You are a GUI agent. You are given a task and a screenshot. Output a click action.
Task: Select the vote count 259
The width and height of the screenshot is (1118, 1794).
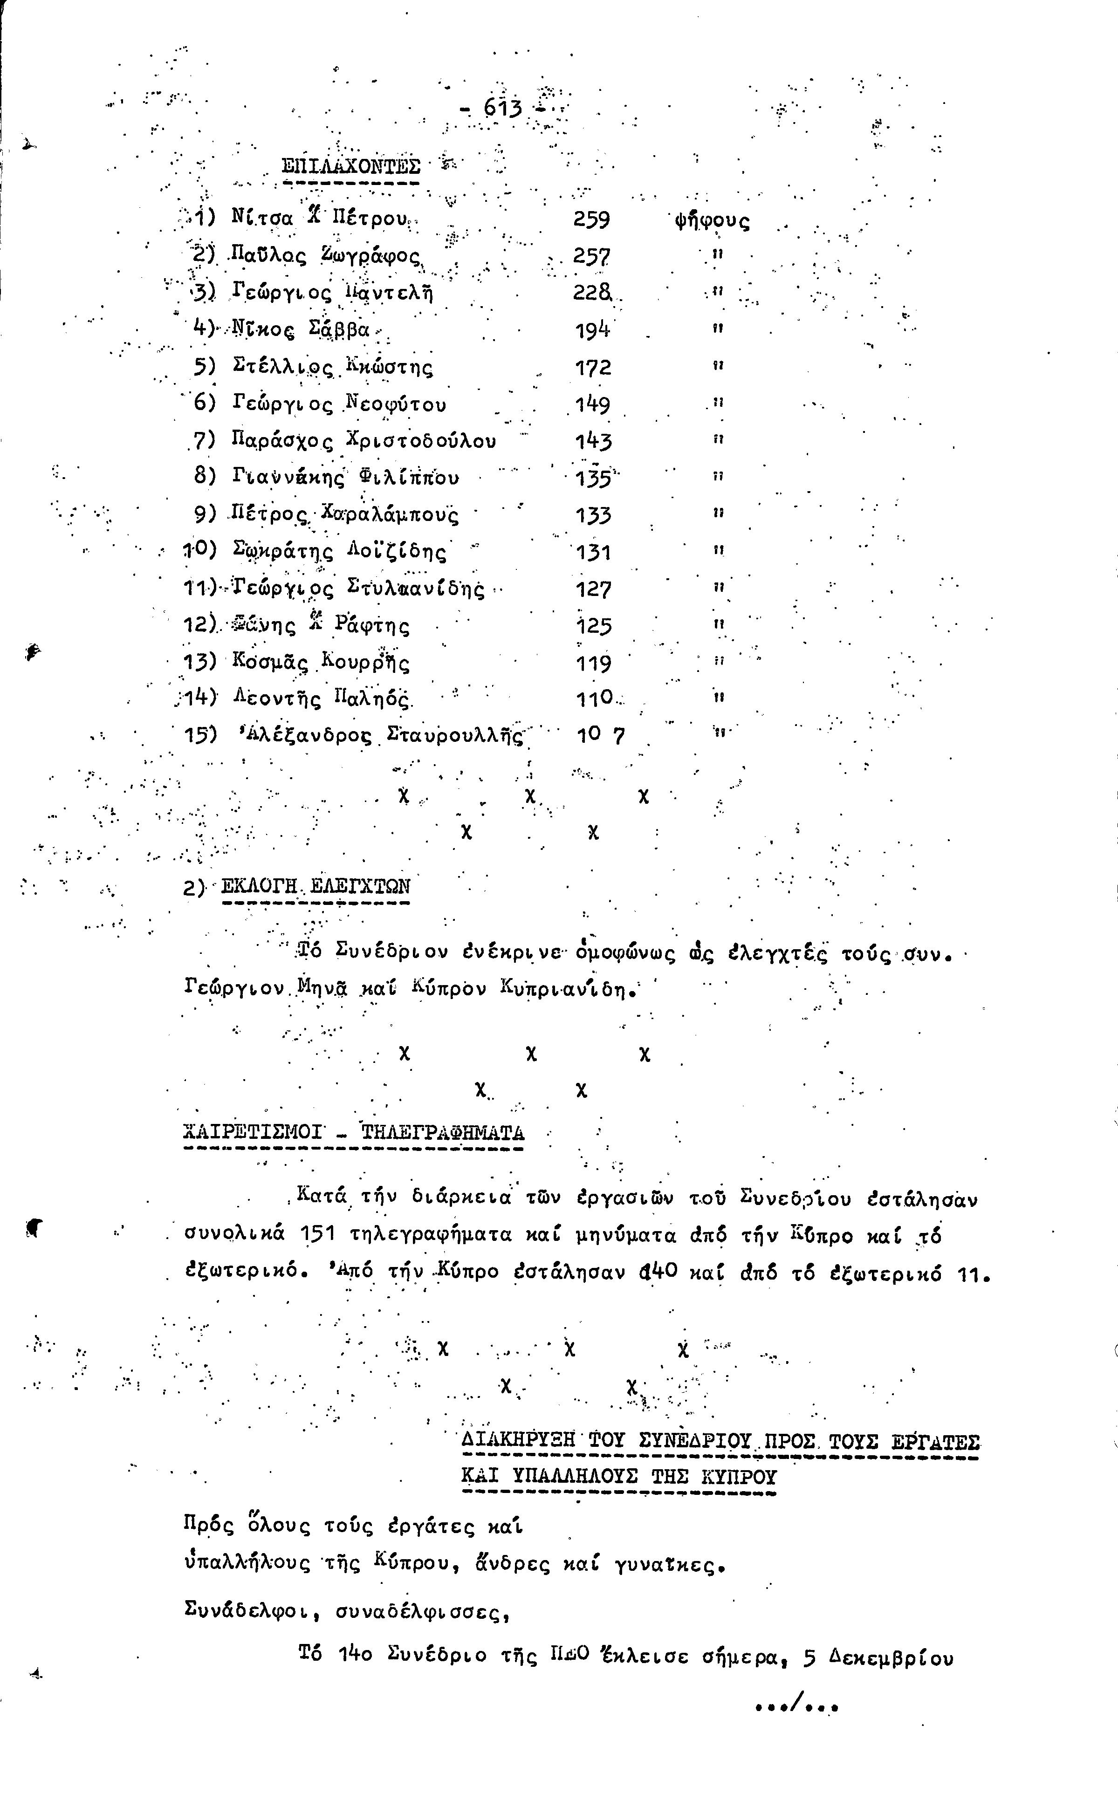591,219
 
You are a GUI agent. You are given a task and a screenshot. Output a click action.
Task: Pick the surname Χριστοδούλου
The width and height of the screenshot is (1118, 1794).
421,441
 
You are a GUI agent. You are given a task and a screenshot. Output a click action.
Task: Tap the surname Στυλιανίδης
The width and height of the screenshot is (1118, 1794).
416,589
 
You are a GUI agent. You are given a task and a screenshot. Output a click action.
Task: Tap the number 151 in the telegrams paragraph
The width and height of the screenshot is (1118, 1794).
318,1235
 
